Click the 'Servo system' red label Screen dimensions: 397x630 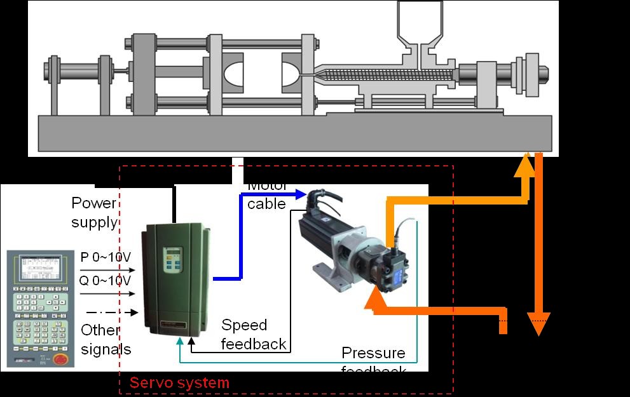[179, 383]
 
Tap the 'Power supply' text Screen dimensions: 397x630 [94, 212]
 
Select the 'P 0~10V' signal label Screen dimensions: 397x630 [106, 257]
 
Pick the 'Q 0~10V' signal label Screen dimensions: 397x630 [106, 281]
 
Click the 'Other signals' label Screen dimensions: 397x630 [106, 339]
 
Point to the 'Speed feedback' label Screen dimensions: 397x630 [254, 335]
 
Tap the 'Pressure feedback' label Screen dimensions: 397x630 [373, 360]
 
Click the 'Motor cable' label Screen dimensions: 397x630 [267, 196]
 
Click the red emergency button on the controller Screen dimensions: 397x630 [61, 360]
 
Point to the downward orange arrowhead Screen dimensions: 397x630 [538, 324]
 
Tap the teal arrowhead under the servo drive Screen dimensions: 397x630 [181, 343]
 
